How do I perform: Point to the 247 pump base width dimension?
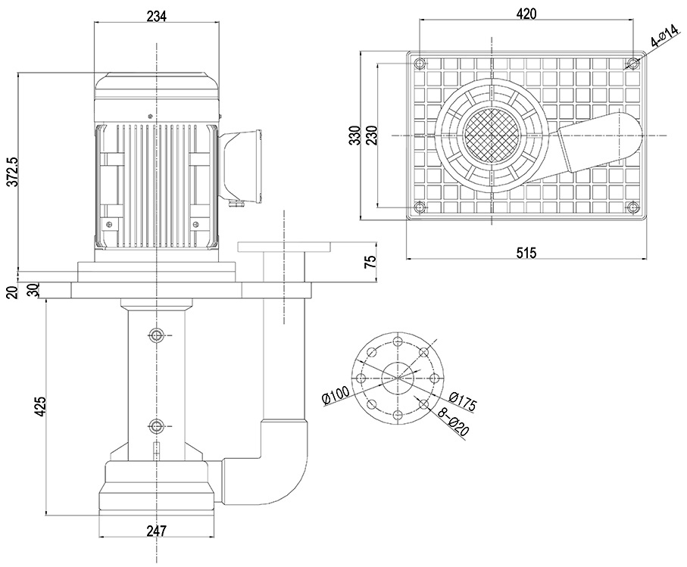156,531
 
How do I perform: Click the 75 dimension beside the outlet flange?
370,262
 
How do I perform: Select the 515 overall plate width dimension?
526,253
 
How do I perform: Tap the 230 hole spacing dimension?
370,136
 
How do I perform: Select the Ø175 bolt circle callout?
462,401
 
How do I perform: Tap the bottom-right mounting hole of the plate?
632,207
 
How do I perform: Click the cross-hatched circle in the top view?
491,135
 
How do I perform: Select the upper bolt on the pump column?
156,335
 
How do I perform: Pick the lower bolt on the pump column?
156,425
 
